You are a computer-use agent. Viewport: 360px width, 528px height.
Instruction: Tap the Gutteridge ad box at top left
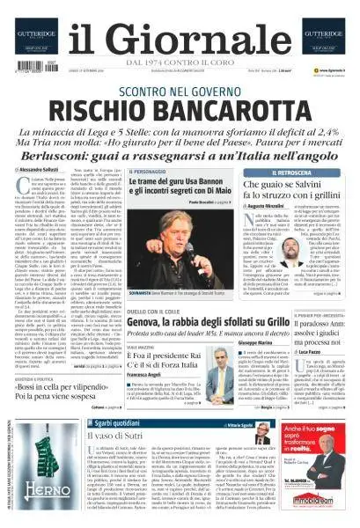(35, 34)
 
